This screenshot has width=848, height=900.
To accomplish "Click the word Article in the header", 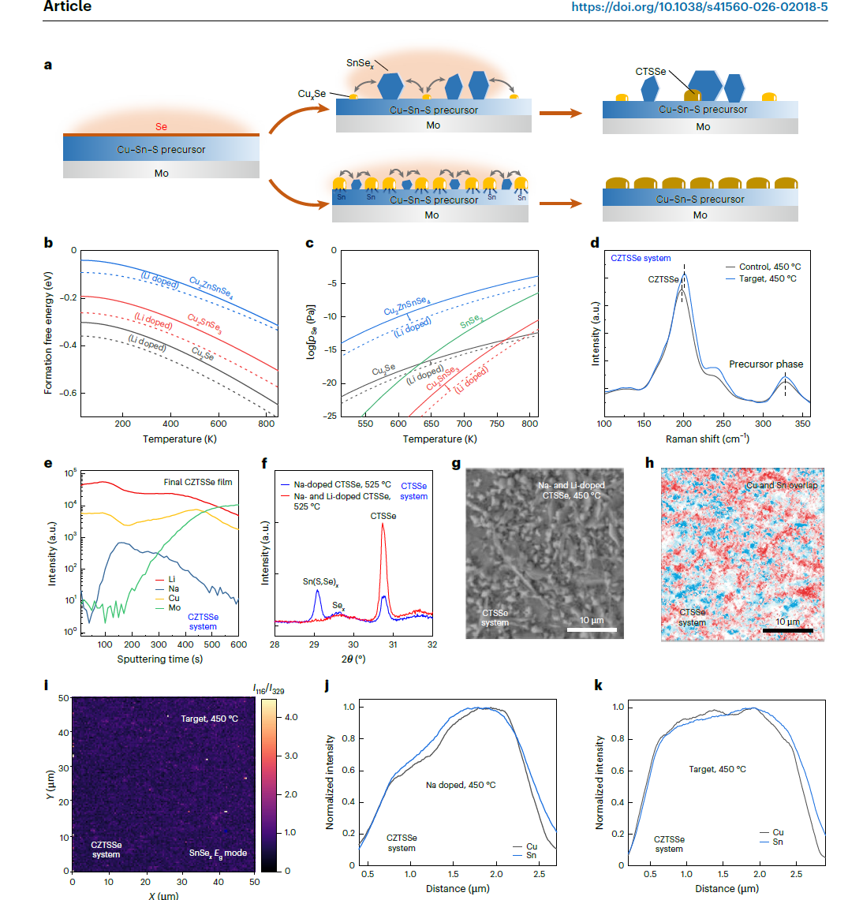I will tap(67, 7).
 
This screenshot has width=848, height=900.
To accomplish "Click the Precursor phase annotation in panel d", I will tap(764, 364).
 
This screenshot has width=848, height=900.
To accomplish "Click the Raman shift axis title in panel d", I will tap(707, 439).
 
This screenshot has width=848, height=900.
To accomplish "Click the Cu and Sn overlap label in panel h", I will tap(781, 485).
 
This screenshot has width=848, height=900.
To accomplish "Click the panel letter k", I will tap(599, 685).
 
